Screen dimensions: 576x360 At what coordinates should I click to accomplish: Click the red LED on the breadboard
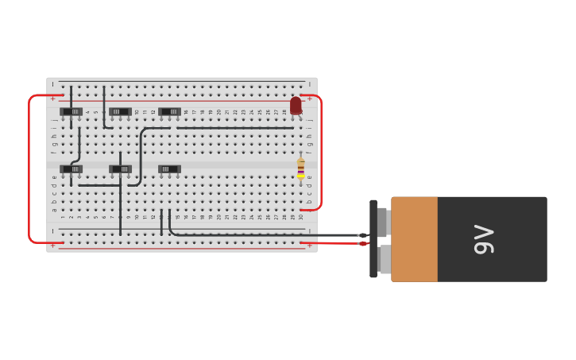296,105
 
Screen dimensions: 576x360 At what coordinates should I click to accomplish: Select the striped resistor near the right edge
300,168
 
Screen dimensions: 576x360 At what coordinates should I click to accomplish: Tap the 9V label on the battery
484,239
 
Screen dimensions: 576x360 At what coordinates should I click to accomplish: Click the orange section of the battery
414,239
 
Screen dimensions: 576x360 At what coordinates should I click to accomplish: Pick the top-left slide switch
72,111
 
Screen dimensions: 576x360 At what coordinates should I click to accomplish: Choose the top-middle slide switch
120,111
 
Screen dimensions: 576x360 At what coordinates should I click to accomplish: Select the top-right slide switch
169,111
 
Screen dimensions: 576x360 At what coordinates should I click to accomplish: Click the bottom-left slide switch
72,168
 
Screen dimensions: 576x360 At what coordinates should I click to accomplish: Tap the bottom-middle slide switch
120,168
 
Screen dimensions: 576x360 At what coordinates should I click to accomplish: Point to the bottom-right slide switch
169,168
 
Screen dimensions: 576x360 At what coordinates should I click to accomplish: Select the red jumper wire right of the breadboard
321,151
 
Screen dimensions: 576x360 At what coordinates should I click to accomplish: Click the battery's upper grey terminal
382,221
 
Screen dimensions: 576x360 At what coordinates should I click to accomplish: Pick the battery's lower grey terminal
384,259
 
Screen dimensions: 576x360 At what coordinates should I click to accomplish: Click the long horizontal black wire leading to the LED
234,127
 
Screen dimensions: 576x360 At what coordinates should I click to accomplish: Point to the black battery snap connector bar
373,239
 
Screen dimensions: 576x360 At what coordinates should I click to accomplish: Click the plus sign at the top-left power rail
53,99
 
